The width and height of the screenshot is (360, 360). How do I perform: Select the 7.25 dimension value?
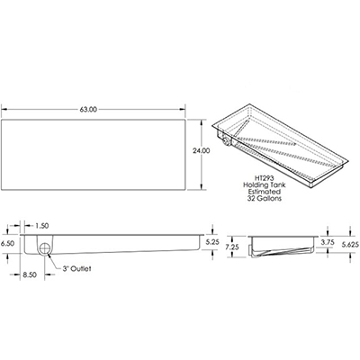click(231, 245)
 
